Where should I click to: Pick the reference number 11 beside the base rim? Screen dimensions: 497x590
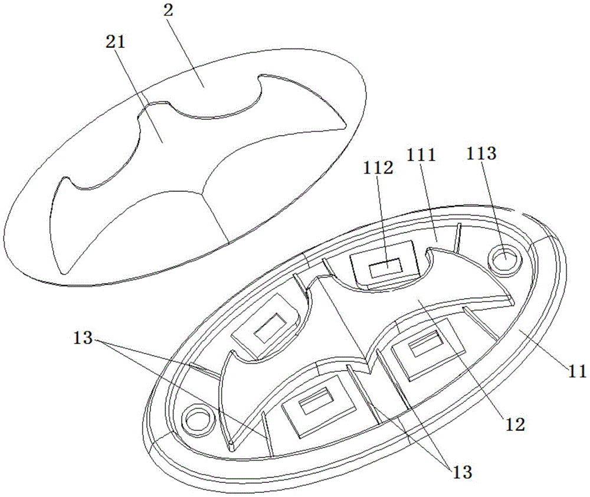point(577,371)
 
